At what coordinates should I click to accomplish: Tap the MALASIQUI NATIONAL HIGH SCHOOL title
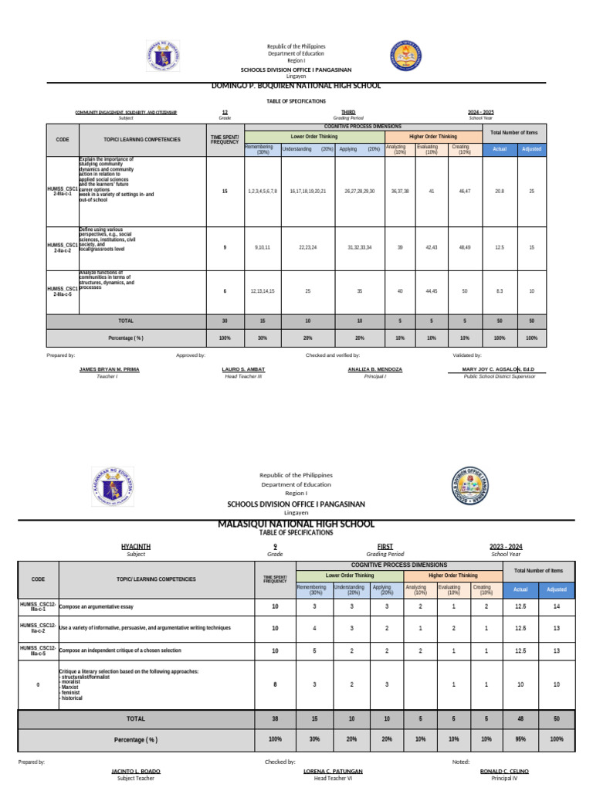296,525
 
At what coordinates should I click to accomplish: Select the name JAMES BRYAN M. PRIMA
110,370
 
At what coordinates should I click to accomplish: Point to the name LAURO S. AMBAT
243,370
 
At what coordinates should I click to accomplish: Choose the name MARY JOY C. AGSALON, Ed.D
499,370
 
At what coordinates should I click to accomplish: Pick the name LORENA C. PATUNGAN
332,772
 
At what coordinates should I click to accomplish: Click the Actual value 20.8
499,190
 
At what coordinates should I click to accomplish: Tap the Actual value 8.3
499,291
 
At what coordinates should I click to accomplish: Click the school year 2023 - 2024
505,546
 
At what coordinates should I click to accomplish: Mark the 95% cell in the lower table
520,739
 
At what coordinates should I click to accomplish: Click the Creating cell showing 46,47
463,190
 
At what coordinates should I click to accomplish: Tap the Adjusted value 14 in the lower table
556,607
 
